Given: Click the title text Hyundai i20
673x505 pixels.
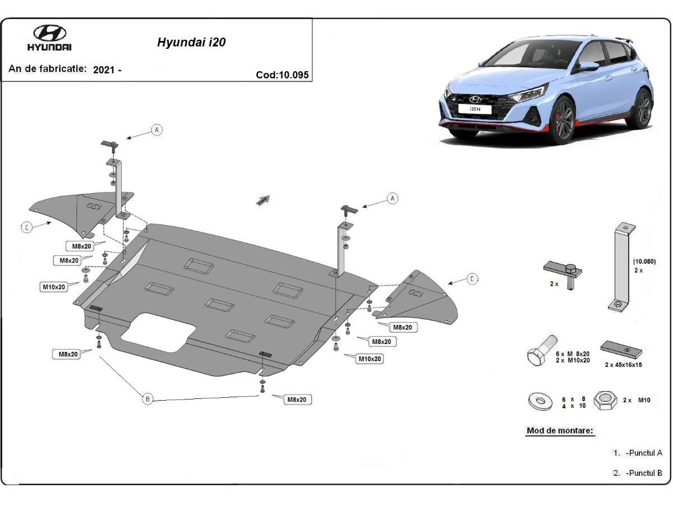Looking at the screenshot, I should (x=188, y=42).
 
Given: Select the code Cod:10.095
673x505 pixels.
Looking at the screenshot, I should (x=282, y=75).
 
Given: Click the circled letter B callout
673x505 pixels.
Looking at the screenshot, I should (x=147, y=399).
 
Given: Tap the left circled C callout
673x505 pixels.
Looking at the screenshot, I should (x=26, y=227).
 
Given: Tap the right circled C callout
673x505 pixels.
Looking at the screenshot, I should (x=473, y=279).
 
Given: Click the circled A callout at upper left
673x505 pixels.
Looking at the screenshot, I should (x=157, y=130).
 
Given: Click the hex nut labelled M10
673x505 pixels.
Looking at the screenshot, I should (x=605, y=401).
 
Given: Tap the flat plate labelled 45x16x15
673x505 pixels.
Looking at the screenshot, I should (x=621, y=349).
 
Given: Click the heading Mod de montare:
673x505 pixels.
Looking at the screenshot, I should (x=560, y=431).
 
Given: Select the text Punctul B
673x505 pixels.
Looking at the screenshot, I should (x=645, y=473).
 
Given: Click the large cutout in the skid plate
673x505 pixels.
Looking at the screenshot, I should (x=156, y=332).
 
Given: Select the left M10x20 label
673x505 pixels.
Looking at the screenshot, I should (x=54, y=287).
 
